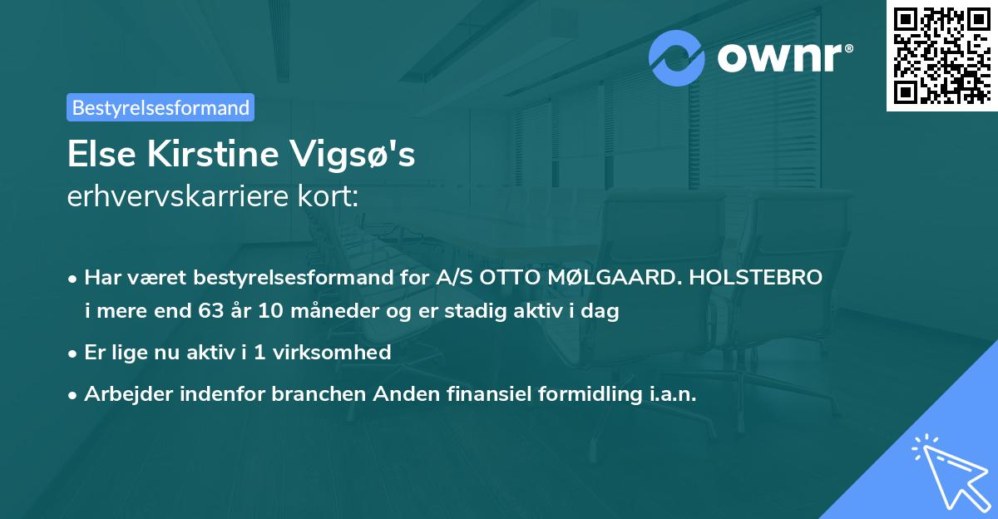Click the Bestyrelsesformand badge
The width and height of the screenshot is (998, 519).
point(160,107)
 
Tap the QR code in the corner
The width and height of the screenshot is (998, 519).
point(941,55)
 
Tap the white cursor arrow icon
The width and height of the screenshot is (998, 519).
point(949,470)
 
